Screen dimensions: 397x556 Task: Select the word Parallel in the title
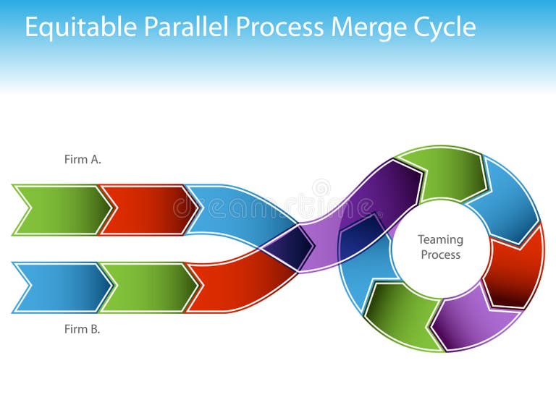click(188, 27)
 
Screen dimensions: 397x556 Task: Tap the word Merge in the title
click(365, 27)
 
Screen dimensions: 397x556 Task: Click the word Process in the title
click(280, 27)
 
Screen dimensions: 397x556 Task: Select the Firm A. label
click(83, 160)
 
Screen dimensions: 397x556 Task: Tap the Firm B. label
click(83, 329)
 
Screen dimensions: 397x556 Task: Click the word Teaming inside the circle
click(440, 239)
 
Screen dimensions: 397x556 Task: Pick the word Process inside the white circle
click(440, 255)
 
